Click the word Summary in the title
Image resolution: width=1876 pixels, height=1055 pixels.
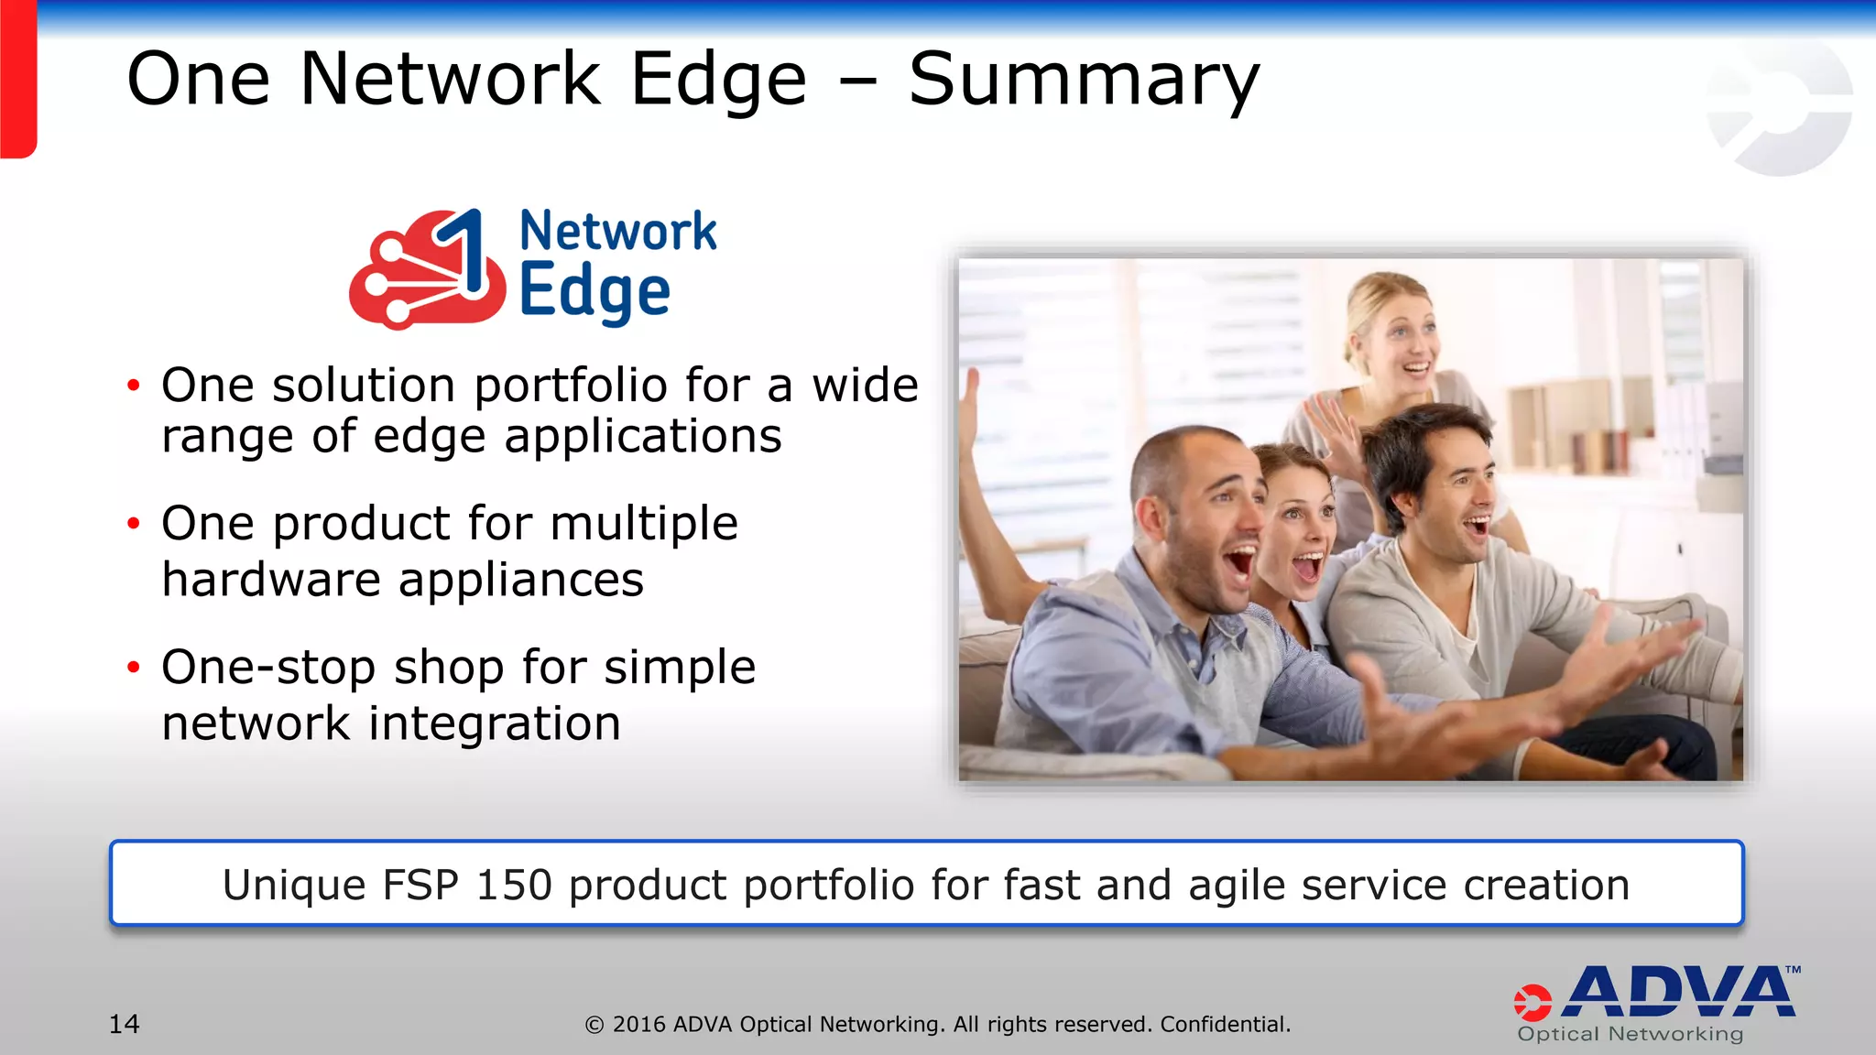(x=1084, y=81)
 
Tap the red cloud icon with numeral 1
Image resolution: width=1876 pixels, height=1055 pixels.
(x=426, y=271)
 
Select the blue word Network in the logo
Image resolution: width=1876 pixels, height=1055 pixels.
(x=618, y=231)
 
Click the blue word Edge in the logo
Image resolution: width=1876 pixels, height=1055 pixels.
(x=594, y=293)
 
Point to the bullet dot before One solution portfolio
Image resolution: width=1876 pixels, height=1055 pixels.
(x=134, y=386)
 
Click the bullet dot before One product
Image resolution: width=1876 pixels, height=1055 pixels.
(x=134, y=524)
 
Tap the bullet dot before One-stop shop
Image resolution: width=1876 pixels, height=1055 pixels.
(x=134, y=667)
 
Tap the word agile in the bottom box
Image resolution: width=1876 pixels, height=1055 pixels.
(x=1232, y=886)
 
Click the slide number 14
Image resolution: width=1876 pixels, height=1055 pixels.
(x=125, y=1024)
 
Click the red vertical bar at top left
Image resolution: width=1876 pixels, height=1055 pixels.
(x=17, y=78)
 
